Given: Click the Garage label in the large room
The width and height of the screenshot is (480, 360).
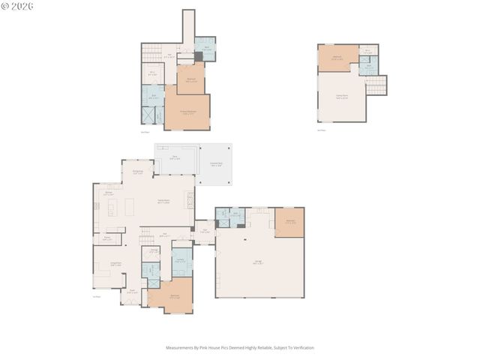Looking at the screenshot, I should click(x=257, y=263).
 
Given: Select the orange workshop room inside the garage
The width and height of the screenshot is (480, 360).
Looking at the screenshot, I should click(x=289, y=223).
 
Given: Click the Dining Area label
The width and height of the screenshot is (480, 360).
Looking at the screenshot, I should click(x=138, y=172).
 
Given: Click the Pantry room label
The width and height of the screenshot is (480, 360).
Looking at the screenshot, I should click(x=107, y=238).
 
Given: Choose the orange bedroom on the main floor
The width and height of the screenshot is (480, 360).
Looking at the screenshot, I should click(x=174, y=296).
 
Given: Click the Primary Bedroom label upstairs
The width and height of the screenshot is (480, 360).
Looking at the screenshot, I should click(x=187, y=113).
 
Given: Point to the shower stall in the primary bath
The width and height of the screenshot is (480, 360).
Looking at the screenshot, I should click(x=148, y=115).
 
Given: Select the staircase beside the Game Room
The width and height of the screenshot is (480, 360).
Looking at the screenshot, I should click(x=376, y=85).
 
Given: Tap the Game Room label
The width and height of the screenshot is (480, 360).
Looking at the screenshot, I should click(x=342, y=97).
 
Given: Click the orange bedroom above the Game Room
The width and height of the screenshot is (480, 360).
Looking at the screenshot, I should click(x=337, y=58).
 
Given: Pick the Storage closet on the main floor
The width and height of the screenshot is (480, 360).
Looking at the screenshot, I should click(x=152, y=252).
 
